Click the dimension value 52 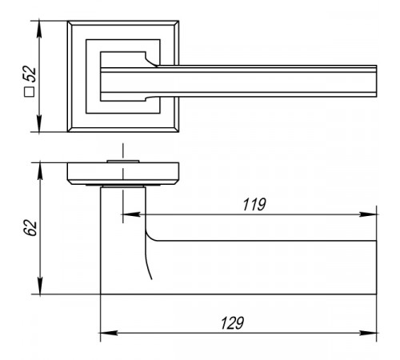[30, 74]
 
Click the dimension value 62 [30, 228]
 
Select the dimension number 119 [254, 205]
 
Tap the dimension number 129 [232, 323]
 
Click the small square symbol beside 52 [30, 92]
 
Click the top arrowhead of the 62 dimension [40, 170]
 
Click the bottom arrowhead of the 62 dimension [40, 286]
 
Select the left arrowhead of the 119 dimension [131, 214]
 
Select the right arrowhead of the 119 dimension [368, 214]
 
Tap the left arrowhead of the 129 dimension [109, 333]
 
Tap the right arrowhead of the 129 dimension [368, 333]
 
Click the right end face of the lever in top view [376, 81]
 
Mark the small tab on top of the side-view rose [123, 162]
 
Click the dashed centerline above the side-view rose [123, 151]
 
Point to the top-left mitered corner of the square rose [70, 23]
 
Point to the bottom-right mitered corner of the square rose [176, 130]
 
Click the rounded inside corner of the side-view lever [150, 236]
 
